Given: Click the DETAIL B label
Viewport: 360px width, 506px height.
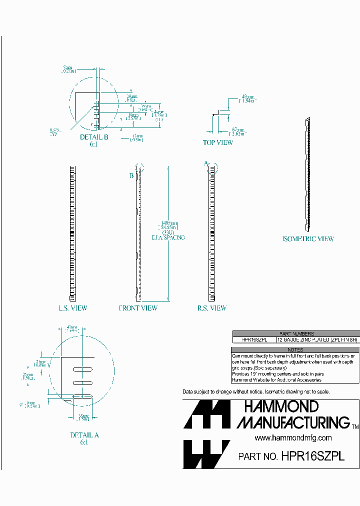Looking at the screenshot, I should tap(94, 137).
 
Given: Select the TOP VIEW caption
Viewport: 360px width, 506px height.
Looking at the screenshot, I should tap(217, 142).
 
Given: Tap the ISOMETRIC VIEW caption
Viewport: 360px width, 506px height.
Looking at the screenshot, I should tap(307, 239).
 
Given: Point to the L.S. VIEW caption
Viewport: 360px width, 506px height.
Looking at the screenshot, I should tap(72, 308).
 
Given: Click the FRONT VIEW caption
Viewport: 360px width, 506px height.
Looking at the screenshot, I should tap(138, 308).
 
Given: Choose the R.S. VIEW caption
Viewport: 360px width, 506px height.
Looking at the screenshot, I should tap(211, 308).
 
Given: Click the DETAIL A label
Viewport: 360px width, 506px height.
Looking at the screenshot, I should tap(84, 435).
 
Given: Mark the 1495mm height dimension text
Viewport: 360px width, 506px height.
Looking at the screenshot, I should tap(167, 224).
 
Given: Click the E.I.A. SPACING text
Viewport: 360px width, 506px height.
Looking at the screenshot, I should tap(167, 237).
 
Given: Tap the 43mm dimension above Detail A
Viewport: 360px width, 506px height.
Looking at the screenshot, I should tap(72, 329).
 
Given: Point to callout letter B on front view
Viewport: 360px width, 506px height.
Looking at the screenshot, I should tap(131, 175).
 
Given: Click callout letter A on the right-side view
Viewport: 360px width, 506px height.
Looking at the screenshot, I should tap(205, 163).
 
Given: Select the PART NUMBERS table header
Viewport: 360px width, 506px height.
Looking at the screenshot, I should tap(296, 333).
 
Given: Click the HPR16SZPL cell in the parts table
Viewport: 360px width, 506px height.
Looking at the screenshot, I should tap(254, 339).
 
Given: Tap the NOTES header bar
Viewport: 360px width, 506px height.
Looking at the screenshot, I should tap(295, 349).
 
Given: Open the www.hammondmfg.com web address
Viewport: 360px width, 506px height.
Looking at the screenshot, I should tap(293, 437).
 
